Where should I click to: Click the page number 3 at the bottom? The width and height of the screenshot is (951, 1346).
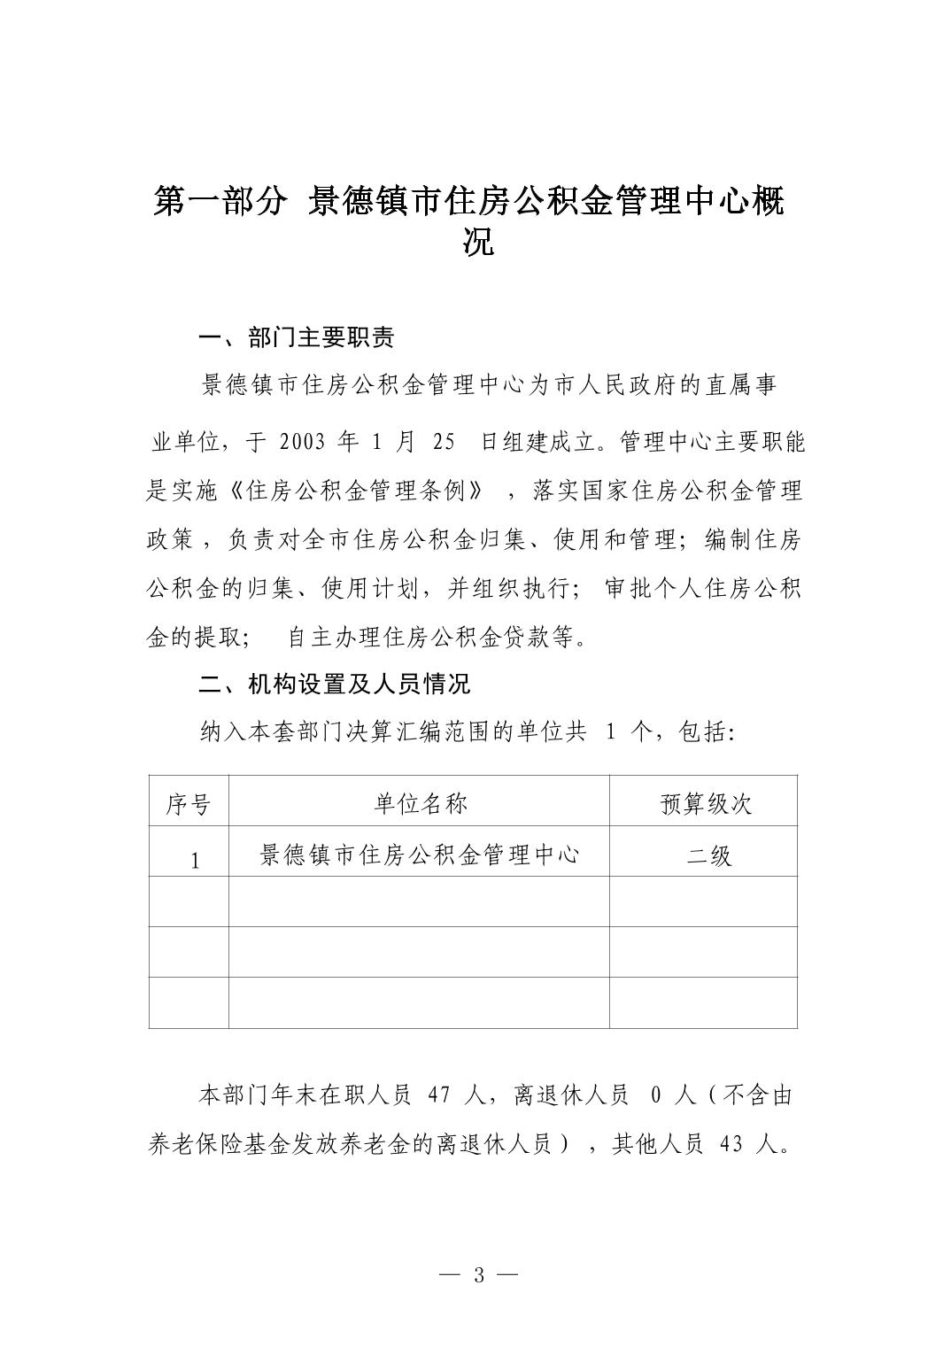pos(479,1275)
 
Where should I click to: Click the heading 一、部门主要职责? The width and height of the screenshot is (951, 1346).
pos(296,337)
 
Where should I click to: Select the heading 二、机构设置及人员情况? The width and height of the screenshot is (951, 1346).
pos(334,684)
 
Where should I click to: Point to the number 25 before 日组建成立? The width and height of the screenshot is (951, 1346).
pos(445,442)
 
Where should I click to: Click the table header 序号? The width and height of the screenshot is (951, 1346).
pos(189,804)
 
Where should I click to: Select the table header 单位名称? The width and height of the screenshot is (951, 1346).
pos(420,803)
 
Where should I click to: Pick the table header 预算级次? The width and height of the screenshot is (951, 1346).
pos(706,803)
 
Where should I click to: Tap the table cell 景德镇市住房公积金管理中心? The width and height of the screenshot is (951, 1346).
pos(420,855)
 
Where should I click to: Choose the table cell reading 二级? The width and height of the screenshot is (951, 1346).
pos(709,855)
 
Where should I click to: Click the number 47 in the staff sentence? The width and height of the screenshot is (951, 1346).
pos(440,1095)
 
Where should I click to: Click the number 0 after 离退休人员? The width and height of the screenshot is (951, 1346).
pos(655,1095)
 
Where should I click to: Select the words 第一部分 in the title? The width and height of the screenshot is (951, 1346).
pos(219,202)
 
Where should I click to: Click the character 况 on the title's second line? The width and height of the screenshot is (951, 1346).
pos(478,242)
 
